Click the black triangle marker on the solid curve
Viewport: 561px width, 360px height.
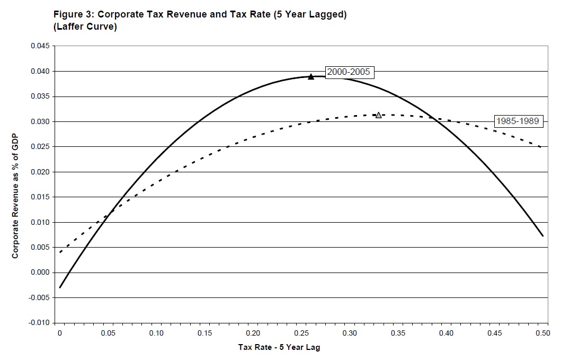(311, 76)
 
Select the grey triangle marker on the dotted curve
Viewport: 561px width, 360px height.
(378, 115)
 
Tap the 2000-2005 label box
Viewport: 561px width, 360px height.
(348, 72)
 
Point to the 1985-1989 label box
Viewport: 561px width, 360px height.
(517, 121)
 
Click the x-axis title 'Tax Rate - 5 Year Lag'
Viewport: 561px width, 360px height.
(280, 347)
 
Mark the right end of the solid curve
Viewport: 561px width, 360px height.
(542, 235)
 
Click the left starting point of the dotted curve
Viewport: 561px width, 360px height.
(60, 252)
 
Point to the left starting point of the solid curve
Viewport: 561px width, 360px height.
(60, 287)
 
